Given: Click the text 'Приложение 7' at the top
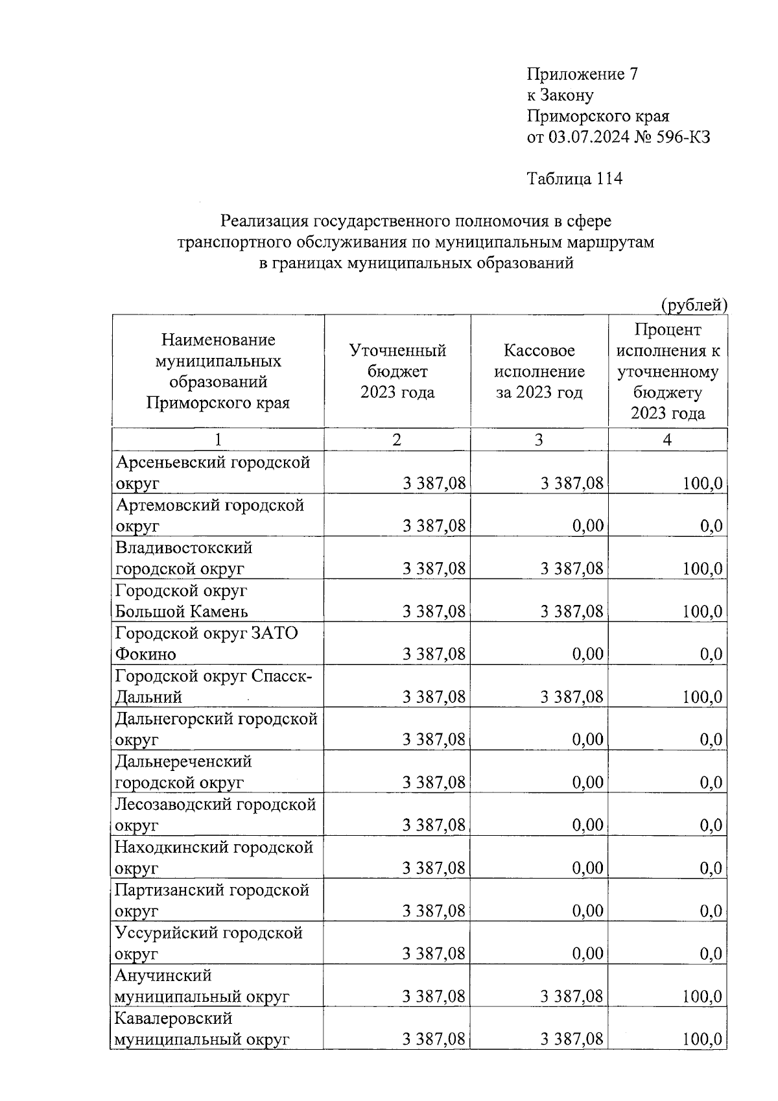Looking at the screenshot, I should (582, 74).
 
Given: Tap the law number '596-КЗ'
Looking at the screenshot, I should (682, 137).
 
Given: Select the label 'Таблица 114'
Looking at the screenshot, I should (574, 178).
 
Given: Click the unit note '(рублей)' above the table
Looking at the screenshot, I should (694, 304).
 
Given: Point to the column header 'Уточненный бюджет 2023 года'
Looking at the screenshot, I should (397, 372).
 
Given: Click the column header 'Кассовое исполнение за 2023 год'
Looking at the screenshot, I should (539, 372).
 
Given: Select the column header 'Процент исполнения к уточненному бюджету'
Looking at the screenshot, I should (668, 372).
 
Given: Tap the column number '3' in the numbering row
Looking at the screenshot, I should (539, 440).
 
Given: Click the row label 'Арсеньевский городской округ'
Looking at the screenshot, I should (213, 473).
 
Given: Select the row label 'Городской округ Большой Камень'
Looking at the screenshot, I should (182, 601).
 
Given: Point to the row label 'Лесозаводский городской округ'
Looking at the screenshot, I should (215, 815).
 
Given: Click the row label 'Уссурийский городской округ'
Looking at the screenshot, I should (209, 943).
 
